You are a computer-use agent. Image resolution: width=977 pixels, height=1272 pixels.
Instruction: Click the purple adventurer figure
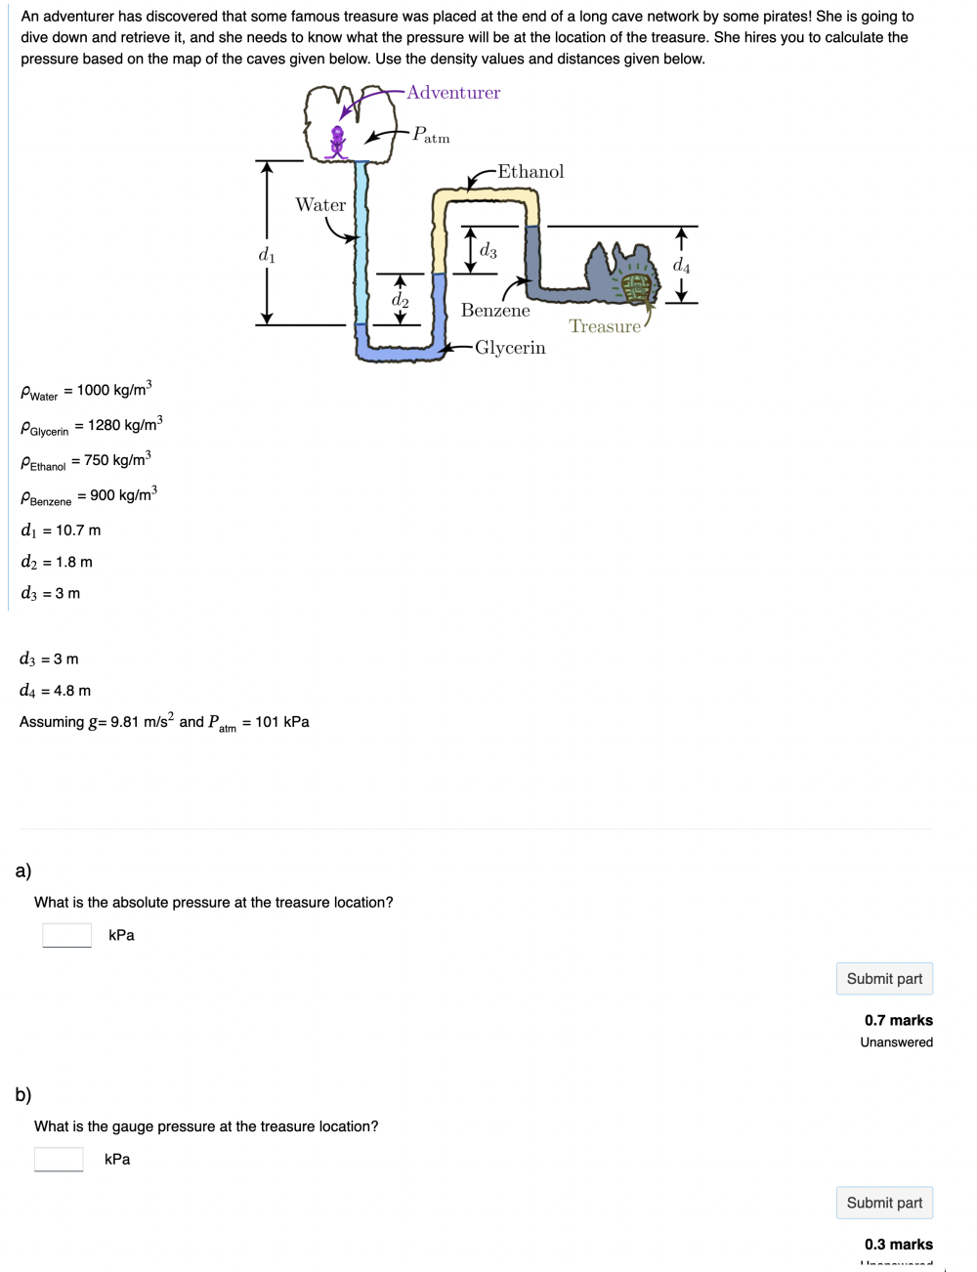(x=338, y=142)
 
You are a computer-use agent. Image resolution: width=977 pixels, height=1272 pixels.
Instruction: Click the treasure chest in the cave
(x=636, y=285)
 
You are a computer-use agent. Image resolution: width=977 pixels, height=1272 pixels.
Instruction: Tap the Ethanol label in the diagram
(x=531, y=172)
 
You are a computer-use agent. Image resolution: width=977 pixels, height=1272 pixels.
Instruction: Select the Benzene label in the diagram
(x=495, y=311)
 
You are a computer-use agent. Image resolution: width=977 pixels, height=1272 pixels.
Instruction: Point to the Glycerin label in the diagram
(x=510, y=348)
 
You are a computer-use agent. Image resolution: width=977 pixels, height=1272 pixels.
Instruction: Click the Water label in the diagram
(x=320, y=205)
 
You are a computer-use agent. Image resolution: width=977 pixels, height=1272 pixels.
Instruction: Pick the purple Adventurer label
(x=453, y=93)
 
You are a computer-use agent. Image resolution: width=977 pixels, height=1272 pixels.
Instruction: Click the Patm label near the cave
(x=431, y=135)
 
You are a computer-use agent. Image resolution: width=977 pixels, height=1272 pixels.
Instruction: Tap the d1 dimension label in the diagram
(x=267, y=255)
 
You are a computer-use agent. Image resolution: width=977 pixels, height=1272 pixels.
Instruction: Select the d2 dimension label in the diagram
(x=401, y=300)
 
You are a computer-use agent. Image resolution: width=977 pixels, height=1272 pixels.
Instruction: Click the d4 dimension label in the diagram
(x=681, y=265)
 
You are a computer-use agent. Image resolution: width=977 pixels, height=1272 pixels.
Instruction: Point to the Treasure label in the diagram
(x=605, y=326)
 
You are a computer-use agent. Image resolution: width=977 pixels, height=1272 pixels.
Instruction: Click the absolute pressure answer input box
(x=67, y=935)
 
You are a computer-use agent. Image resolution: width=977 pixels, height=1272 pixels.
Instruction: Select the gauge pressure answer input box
(x=59, y=1159)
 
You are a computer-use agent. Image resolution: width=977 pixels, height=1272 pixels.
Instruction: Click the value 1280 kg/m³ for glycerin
(x=125, y=425)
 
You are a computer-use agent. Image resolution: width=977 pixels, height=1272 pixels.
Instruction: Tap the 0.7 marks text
(x=898, y=1020)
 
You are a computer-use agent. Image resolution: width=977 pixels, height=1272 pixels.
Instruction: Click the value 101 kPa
(x=282, y=722)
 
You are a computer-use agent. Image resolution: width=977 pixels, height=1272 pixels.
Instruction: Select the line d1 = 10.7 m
(x=61, y=530)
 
